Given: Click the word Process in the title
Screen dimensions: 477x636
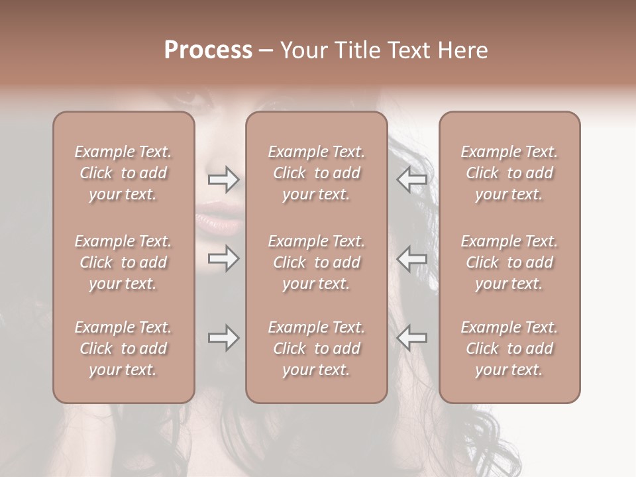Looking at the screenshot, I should pos(208,50).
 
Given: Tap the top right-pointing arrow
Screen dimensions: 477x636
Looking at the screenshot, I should pos(223,180).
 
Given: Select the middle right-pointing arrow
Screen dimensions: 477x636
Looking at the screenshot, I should pos(223,258).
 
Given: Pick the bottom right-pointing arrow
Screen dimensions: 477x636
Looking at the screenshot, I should pos(223,339).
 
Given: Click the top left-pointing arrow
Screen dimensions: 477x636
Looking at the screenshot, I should pos(412,180).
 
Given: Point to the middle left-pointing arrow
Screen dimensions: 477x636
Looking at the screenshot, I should pos(412,258).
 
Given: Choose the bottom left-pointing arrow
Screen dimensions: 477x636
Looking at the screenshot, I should pos(412,339).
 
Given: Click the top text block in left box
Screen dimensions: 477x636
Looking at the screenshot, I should pos(123,173).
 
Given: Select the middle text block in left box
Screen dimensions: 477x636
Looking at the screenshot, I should pos(123,262).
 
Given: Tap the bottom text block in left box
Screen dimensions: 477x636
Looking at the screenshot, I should pos(123,348).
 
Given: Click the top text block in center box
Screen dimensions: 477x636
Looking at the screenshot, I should pos(316,173).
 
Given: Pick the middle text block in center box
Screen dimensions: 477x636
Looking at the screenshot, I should pos(316,262).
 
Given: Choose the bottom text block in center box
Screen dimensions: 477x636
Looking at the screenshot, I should pos(316,348).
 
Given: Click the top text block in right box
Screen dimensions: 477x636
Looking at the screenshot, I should pos(509,173).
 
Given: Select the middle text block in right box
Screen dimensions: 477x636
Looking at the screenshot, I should pos(509,262).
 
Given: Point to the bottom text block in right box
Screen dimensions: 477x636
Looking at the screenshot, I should pos(509,348).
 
